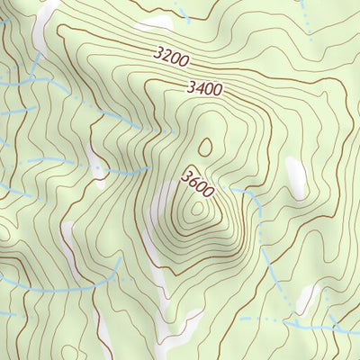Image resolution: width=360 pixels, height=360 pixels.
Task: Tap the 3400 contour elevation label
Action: point(203,88)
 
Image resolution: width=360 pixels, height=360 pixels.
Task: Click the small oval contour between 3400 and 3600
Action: point(206,145)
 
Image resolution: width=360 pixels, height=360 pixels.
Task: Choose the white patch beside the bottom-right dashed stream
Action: point(307,297)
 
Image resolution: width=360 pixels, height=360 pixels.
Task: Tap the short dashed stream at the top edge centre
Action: point(184,12)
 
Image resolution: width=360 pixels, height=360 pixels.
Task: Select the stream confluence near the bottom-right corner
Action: point(296,319)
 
